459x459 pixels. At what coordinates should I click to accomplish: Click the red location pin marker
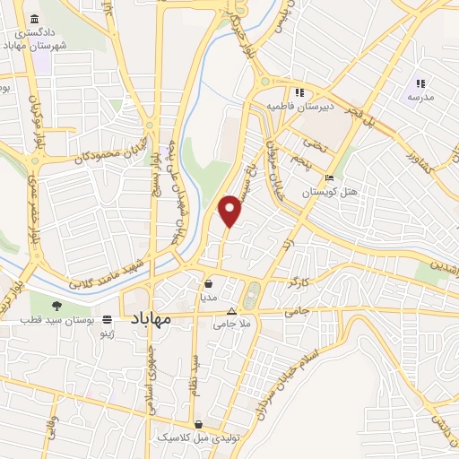[231, 210]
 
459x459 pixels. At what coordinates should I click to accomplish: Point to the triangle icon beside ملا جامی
[230, 311]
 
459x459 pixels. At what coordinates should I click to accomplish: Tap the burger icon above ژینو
[108, 319]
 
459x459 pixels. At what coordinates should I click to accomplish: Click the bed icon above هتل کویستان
[330, 178]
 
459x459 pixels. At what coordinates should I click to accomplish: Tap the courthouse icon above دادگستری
[35, 20]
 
